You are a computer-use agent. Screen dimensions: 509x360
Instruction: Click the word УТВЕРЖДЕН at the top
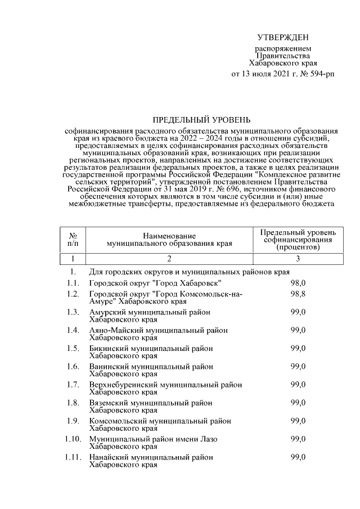[x=283, y=38]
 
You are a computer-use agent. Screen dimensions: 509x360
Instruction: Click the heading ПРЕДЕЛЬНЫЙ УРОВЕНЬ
[x=202, y=119]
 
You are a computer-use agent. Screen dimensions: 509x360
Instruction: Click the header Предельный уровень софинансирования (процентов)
[x=298, y=239]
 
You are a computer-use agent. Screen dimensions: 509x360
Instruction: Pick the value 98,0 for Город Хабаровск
[x=298, y=282]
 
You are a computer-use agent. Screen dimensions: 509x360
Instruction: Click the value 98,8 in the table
[x=298, y=294]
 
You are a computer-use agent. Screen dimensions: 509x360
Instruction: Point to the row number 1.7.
[x=72, y=385]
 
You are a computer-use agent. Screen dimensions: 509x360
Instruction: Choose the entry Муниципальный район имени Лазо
[x=153, y=439]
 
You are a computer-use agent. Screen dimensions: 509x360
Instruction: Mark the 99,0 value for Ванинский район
[x=298, y=366]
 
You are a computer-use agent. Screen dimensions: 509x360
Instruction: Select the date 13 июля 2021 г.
[x=268, y=74]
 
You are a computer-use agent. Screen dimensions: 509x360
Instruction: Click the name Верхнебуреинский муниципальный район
[x=165, y=385]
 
